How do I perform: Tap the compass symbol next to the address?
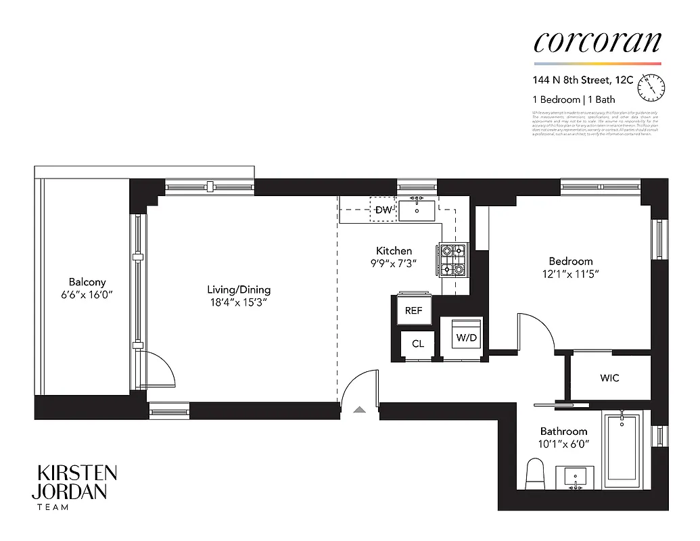pyautogui.click(x=655, y=85)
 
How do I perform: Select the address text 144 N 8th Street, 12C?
pyautogui.click(x=582, y=80)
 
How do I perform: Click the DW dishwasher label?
pyautogui.click(x=383, y=210)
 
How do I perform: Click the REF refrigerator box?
pyautogui.click(x=413, y=310)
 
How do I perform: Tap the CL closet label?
pyautogui.click(x=418, y=344)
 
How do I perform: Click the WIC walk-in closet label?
pyautogui.click(x=609, y=378)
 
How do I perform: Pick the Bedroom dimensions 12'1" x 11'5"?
pyautogui.click(x=570, y=274)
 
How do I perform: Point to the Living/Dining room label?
pyautogui.click(x=239, y=290)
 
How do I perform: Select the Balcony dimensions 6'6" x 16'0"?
pyautogui.click(x=87, y=294)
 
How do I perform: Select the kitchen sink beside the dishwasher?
pyautogui.click(x=417, y=210)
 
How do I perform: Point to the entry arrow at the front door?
pyautogui.click(x=359, y=408)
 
